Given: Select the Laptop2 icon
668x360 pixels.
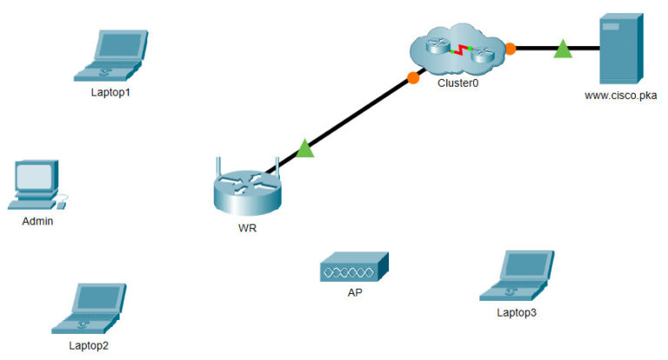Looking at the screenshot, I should click(x=89, y=308).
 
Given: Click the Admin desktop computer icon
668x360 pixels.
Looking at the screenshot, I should click(x=37, y=184).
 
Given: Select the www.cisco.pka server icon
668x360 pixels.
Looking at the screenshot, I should click(x=620, y=47).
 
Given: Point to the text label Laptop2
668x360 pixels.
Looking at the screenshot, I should click(x=89, y=345).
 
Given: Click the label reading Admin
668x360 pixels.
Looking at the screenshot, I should click(x=38, y=221).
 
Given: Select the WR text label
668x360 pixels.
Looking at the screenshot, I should click(x=248, y=230).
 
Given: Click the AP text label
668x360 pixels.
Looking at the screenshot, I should click(x=355, y=293).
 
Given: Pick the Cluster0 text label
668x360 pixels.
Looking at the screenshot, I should click(x=458, y=83).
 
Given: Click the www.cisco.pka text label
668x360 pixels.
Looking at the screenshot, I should click(x=620, y=96).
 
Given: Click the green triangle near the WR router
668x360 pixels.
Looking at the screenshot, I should click(x=304, y=150).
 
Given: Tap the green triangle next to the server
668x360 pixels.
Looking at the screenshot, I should click(x=563, y=50).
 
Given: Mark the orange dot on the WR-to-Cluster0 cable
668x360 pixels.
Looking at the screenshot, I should click(x=413, y=78).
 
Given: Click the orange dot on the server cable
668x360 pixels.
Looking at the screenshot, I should click(x=511, y=48).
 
